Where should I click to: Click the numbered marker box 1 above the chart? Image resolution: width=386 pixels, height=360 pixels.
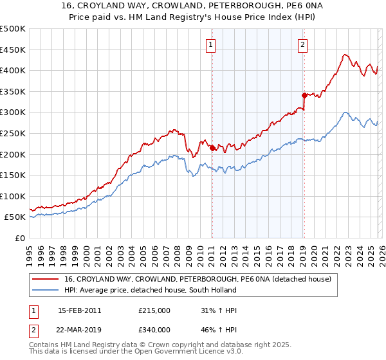point(212,44)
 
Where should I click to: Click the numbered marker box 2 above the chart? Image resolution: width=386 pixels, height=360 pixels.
point(302,44)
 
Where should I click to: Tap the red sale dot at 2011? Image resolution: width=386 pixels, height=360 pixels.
point(212,148)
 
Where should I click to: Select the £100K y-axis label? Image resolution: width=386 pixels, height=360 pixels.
point(13,196)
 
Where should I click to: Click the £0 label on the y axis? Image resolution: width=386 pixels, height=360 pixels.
point(19,238)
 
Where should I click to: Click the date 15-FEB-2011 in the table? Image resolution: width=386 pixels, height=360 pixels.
point(79,310)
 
